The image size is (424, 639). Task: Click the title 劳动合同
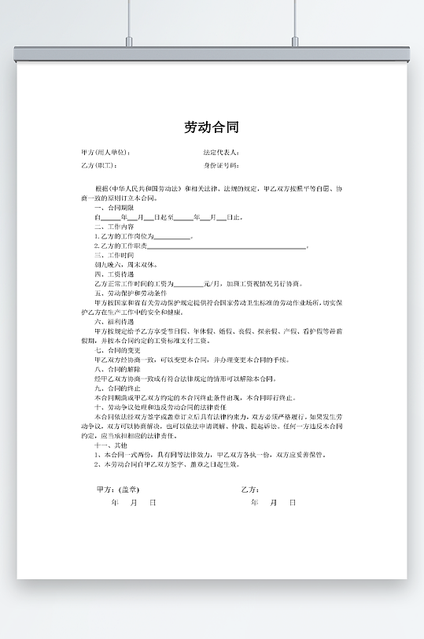pyautogui.click(x=212, y=127)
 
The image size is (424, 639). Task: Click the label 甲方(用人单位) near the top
pyautogui.click(x=105, y=152)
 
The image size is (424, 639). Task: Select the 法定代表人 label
pyautogui.click(x=221, y=152)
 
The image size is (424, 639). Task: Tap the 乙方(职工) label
pyautogui.click(x=99, y=166)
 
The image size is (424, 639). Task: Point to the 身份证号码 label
pyautogui.click(x=221, y=166)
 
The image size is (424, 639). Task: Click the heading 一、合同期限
pyautogui.click(x=114, y=207)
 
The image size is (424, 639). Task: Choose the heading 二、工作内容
pyautogui.click(x=114, y=227)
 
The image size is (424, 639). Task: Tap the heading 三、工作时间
pyautogui.click(x=114, y=256)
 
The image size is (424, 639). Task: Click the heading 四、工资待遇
pyautogui.click(x=114, y=274)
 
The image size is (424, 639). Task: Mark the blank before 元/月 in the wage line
pyautogui.click(x=187, y=284)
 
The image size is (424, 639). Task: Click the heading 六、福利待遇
pyautogui.click(x=114, y=322)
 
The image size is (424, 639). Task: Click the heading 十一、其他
pyautogui.click(x=110, y=445)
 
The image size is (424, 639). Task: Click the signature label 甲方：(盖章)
pyautogui.click(x=117, y=489)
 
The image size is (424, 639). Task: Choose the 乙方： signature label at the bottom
pyautogui.click(x=250, y=489)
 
